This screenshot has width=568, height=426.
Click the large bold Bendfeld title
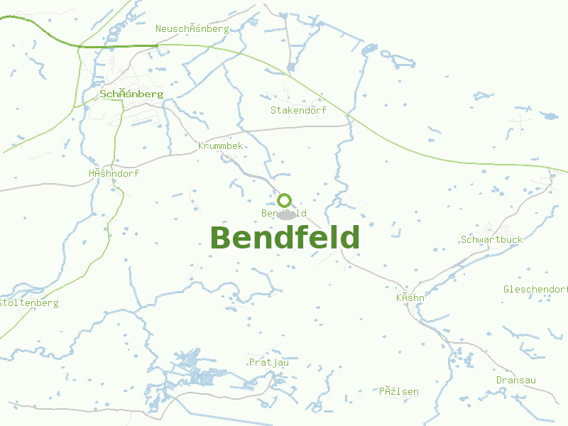[285, 237]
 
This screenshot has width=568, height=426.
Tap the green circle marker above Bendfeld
[285, 200]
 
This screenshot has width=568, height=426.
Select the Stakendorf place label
[298, 110]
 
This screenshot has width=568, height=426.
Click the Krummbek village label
[220, 146]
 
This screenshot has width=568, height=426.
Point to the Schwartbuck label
[491, 239]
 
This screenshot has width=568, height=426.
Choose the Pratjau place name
[269, 362]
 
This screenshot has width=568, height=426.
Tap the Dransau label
[515, 380]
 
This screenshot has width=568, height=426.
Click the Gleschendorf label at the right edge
[535, 289]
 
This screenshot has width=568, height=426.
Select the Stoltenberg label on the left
[30, 303]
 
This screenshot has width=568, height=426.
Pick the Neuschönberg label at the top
[192, 28]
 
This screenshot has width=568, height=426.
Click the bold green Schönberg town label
[132, 94]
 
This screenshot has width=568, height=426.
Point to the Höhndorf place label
[114, 173]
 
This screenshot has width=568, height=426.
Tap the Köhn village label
[410, 297]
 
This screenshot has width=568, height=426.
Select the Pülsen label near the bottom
[398, 391]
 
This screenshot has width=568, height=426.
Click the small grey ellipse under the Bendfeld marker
[286, 215]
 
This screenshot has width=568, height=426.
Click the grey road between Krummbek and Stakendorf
[298, 128]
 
